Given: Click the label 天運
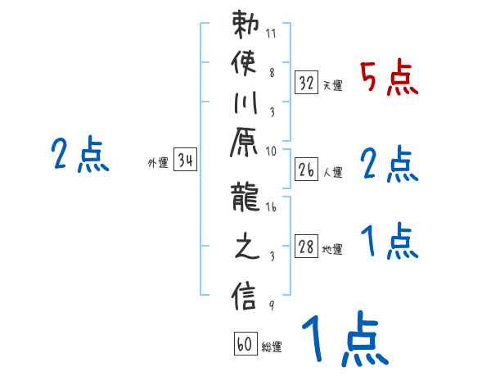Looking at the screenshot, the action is coord(332,85).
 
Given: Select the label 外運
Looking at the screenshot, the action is coord(158,163).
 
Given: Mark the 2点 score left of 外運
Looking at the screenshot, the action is coord(80,155).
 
